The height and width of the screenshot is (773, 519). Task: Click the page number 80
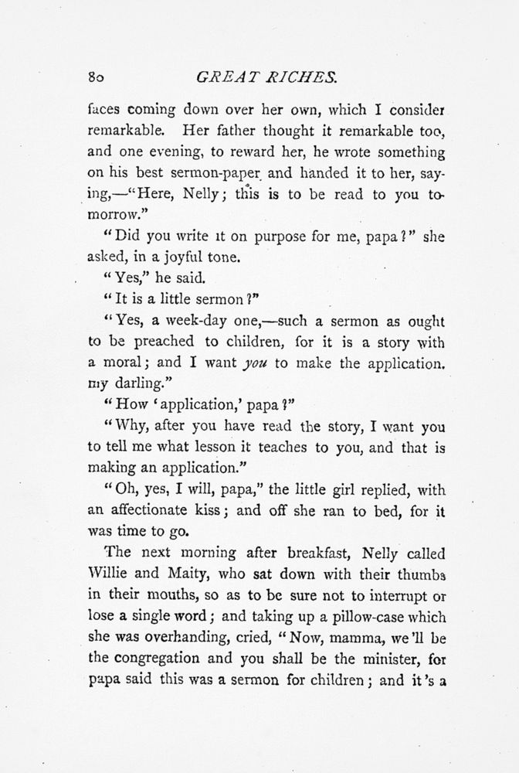coord(97,77)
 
